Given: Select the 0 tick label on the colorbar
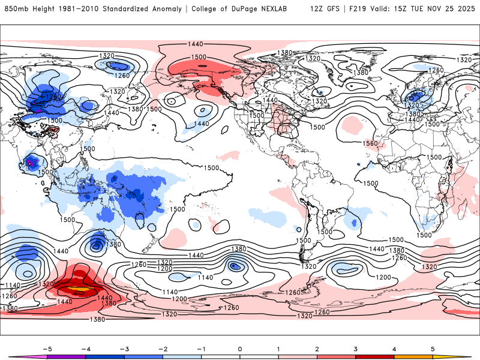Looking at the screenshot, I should (240, 348).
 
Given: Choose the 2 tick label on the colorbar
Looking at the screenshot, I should (317, 348).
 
